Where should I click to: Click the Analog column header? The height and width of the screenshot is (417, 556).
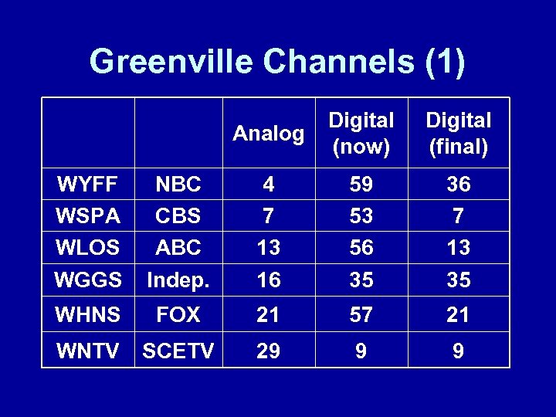click(x=268, y=134)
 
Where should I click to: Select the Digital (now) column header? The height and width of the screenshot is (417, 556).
click(x=361, y=134)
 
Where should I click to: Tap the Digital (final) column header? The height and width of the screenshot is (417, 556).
click(x=459, y=134)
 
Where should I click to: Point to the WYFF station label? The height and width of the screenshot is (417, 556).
click(x=86, y=185)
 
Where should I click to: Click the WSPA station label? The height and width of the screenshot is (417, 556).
click(x=87, y=216)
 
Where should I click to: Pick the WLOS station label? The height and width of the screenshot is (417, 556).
click(x=87, y=248)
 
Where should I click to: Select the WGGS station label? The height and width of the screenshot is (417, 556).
click(x=87, y=280)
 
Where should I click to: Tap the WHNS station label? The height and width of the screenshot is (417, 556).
click(x=87, y=314)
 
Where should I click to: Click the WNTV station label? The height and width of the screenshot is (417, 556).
click(x=87, y=351)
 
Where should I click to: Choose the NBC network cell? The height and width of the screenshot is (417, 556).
click(x=178, y=185)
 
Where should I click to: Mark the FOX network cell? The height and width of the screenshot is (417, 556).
click(x=178, y=314)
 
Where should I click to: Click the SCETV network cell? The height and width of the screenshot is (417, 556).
click(x=178, y=351)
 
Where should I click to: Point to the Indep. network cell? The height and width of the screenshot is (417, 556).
click(x=178, y=280)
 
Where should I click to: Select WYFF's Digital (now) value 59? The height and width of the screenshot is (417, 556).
click(x=361, y=185)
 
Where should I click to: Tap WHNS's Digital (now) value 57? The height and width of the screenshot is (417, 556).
click(x=361, y=314)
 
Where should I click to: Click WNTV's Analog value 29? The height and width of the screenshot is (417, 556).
click(x=268, y=351)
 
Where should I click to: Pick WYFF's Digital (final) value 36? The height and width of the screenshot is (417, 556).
click(x=459, y=185)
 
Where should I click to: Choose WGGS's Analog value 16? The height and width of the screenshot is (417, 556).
click(x=268, y=280)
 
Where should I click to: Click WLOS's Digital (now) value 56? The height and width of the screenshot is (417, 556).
click(x=361, y=248)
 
